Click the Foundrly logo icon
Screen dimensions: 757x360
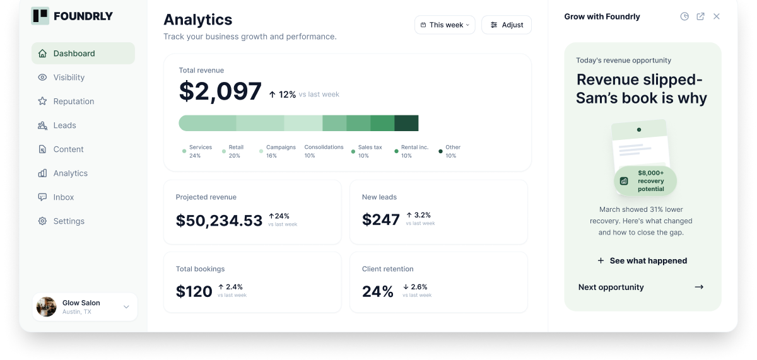[x=40, y=16]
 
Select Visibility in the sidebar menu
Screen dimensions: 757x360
[x=61, y=78]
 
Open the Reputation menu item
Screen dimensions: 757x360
[x=66, y=102]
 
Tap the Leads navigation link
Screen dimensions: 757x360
[x=57, y=125]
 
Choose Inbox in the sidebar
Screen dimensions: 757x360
[x=56, y=197]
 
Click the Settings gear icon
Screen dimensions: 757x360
[x=42, y=221]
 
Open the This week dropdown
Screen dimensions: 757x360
[x=445, y=25]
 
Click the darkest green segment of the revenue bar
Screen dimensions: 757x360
[x=406, y=123]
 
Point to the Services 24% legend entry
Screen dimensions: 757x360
[x=197, y=151]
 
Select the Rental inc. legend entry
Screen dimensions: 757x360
[x=411, y=151]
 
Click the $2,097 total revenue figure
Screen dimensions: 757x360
[x=220, y=91]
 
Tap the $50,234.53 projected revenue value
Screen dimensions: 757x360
[x=219, y=221]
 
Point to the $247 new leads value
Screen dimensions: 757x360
[x=381, y=219]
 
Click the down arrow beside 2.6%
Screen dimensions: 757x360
[x=406, y=287]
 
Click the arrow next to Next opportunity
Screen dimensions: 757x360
[x=699, y=287]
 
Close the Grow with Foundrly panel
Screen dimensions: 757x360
[x=717, y=16]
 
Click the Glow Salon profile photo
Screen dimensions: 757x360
[x=46, y=306]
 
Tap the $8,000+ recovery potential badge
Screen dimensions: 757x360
[x=645, y=181]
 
